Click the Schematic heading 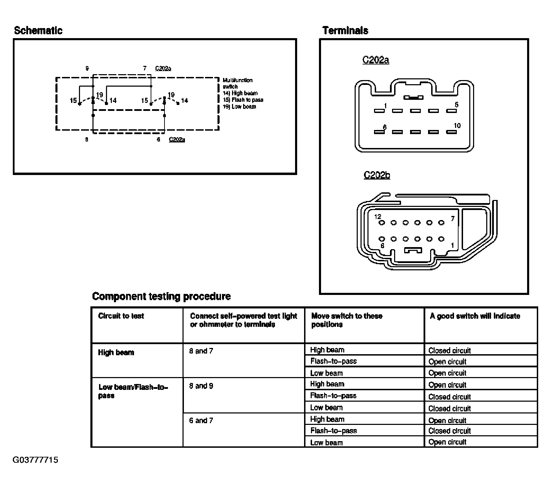click(x=38, y=30)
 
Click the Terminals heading click(x=345, y=30)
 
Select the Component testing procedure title click(x=161, y=296)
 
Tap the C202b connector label click(x=377, y=175)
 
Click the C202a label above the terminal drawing click(x=376, y=60)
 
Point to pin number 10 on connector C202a click(x=457, y=126)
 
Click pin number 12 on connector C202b click(x=377, y=217)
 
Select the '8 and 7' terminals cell click(x=201, y=351)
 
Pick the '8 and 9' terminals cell click(x=201, y=386)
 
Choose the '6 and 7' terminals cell click(x=201, y=420)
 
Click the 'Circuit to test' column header click(x=121, y=316)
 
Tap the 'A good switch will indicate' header click(x=475, y=316)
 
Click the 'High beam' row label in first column click(x=116, y=352)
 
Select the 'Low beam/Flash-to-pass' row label click(x=133, y=391)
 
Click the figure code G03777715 click(x=36, y=460)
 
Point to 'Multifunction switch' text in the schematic click(x=238, y=83)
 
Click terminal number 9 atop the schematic click(x=87, y=69)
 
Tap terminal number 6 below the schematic click(x=159, y=140)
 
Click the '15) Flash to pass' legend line click(x=243, y=100)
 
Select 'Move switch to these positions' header click(x=347, y=320)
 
